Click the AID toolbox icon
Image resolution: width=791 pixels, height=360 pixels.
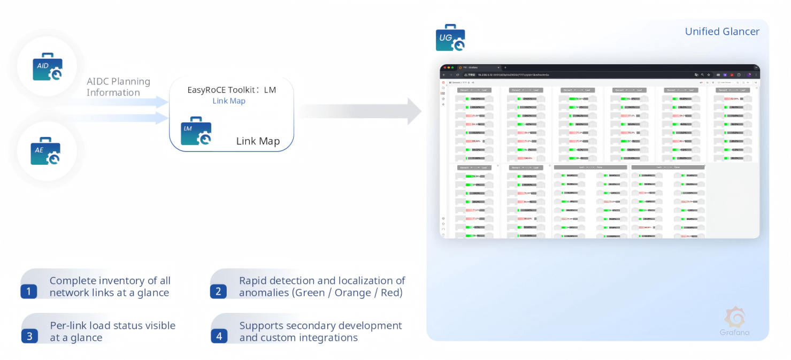(47, 67)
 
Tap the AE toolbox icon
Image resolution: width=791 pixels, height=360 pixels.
(45, 151)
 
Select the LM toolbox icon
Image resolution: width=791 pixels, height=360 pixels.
(196, 131)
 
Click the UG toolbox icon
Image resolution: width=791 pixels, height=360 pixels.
(450, 38)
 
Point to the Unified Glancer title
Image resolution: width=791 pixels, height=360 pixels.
(722, 32)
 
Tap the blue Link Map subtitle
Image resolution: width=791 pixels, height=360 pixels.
(229, 101)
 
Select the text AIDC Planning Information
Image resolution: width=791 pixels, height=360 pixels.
(118, 87)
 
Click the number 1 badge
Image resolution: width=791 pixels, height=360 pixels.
(29, 292)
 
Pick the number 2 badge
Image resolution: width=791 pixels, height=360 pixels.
(218, 292)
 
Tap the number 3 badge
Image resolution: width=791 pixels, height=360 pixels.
(29, 336)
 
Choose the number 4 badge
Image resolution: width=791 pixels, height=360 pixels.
(219, 336)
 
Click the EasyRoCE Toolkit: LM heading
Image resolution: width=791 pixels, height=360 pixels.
(232, 90)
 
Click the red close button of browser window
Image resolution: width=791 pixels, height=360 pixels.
(444, 67)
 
